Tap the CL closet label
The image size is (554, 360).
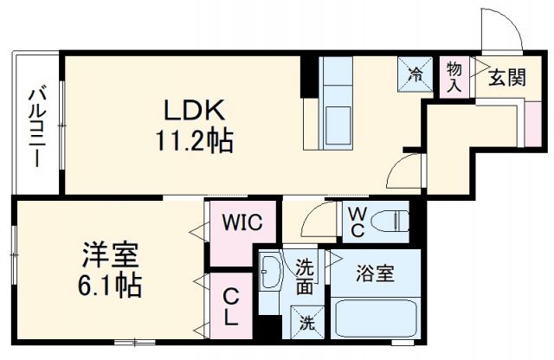click(229, 308)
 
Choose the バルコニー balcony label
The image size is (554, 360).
click(36, 126)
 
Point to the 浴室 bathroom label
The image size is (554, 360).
click(377, 275)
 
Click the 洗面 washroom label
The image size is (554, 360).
click(305, 276)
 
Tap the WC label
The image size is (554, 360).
click(356, 222)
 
